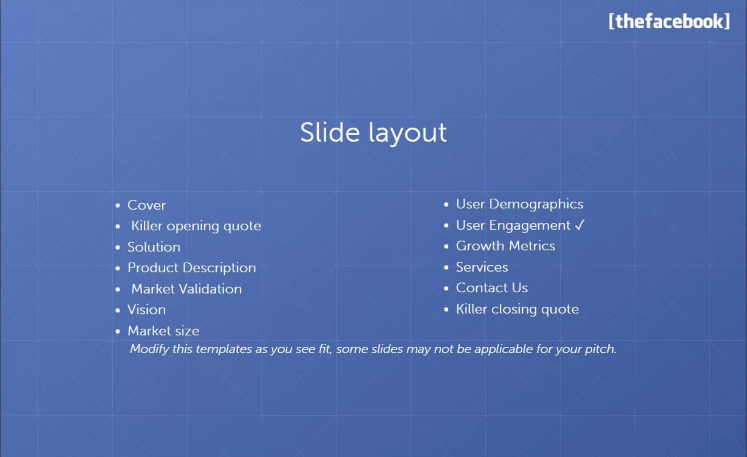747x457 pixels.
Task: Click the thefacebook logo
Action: point(669,21)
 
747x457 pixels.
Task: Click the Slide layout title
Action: point(373,132)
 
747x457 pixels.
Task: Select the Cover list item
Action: point(146,205)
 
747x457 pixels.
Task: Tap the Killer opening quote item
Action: point(196,226)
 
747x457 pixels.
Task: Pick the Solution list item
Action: point(154,247)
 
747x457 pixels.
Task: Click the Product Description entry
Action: point(191,268)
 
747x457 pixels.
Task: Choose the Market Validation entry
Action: point(186,289)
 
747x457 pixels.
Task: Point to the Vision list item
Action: point(146,310)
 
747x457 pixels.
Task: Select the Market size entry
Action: point(163,331)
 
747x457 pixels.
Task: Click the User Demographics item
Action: point(519,204)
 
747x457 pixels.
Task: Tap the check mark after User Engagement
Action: point(580,225)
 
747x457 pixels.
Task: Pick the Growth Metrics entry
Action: point(505,246)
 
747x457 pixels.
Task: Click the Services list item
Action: point(481,267)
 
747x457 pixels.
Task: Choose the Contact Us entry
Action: point(492,288)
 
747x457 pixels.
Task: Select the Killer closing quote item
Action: point(517,309)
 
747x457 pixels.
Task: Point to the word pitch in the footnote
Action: point(600,349)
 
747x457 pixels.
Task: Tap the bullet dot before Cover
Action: point(117,206)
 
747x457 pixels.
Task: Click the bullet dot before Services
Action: point(446,267)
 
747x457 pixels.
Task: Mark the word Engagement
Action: point(530,226)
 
